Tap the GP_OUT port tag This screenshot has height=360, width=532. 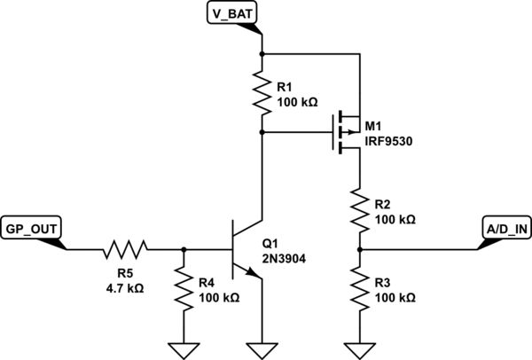coord(32,229)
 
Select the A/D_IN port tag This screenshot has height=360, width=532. coord(506,229)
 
